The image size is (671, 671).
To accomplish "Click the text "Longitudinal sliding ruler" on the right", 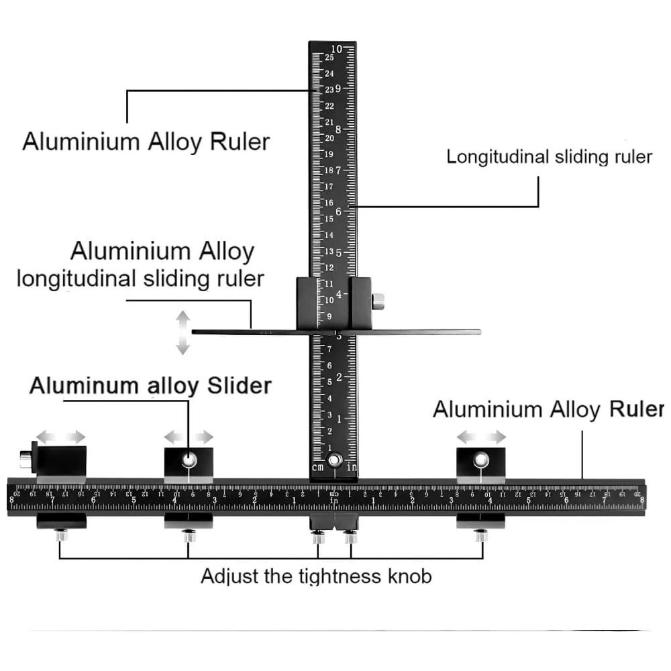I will (549, 157).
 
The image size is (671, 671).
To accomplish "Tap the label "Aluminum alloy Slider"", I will (150, 386).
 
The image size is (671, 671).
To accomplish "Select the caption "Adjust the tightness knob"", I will (316, 576).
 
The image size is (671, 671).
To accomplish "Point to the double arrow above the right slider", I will (481, 437).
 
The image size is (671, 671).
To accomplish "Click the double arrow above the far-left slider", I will (61, 437).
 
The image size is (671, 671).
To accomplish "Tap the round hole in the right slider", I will (481, 460).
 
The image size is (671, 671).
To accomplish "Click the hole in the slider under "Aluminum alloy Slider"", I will (189, 460).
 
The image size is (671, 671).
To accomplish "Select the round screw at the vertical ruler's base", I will (333, 461).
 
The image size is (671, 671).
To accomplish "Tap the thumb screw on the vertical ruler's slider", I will (378, 301).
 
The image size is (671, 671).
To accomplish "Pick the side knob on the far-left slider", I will (25, 459).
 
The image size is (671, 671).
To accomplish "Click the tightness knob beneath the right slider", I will (481, 535).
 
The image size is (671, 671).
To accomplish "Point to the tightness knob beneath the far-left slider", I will (60, 535).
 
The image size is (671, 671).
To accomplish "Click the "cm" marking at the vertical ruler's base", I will (318, 467).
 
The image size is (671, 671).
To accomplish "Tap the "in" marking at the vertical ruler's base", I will (352, 467).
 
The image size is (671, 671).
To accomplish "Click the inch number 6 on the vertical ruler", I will (338, 211).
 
